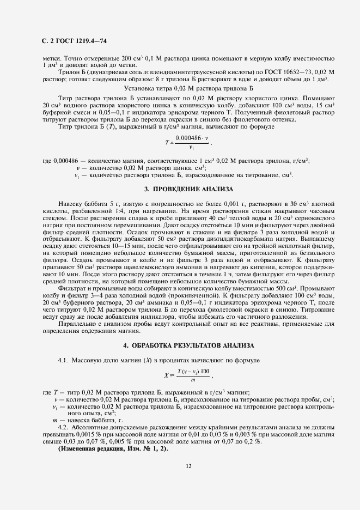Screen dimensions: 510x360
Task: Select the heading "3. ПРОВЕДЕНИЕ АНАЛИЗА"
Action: [x=188, y=189]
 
